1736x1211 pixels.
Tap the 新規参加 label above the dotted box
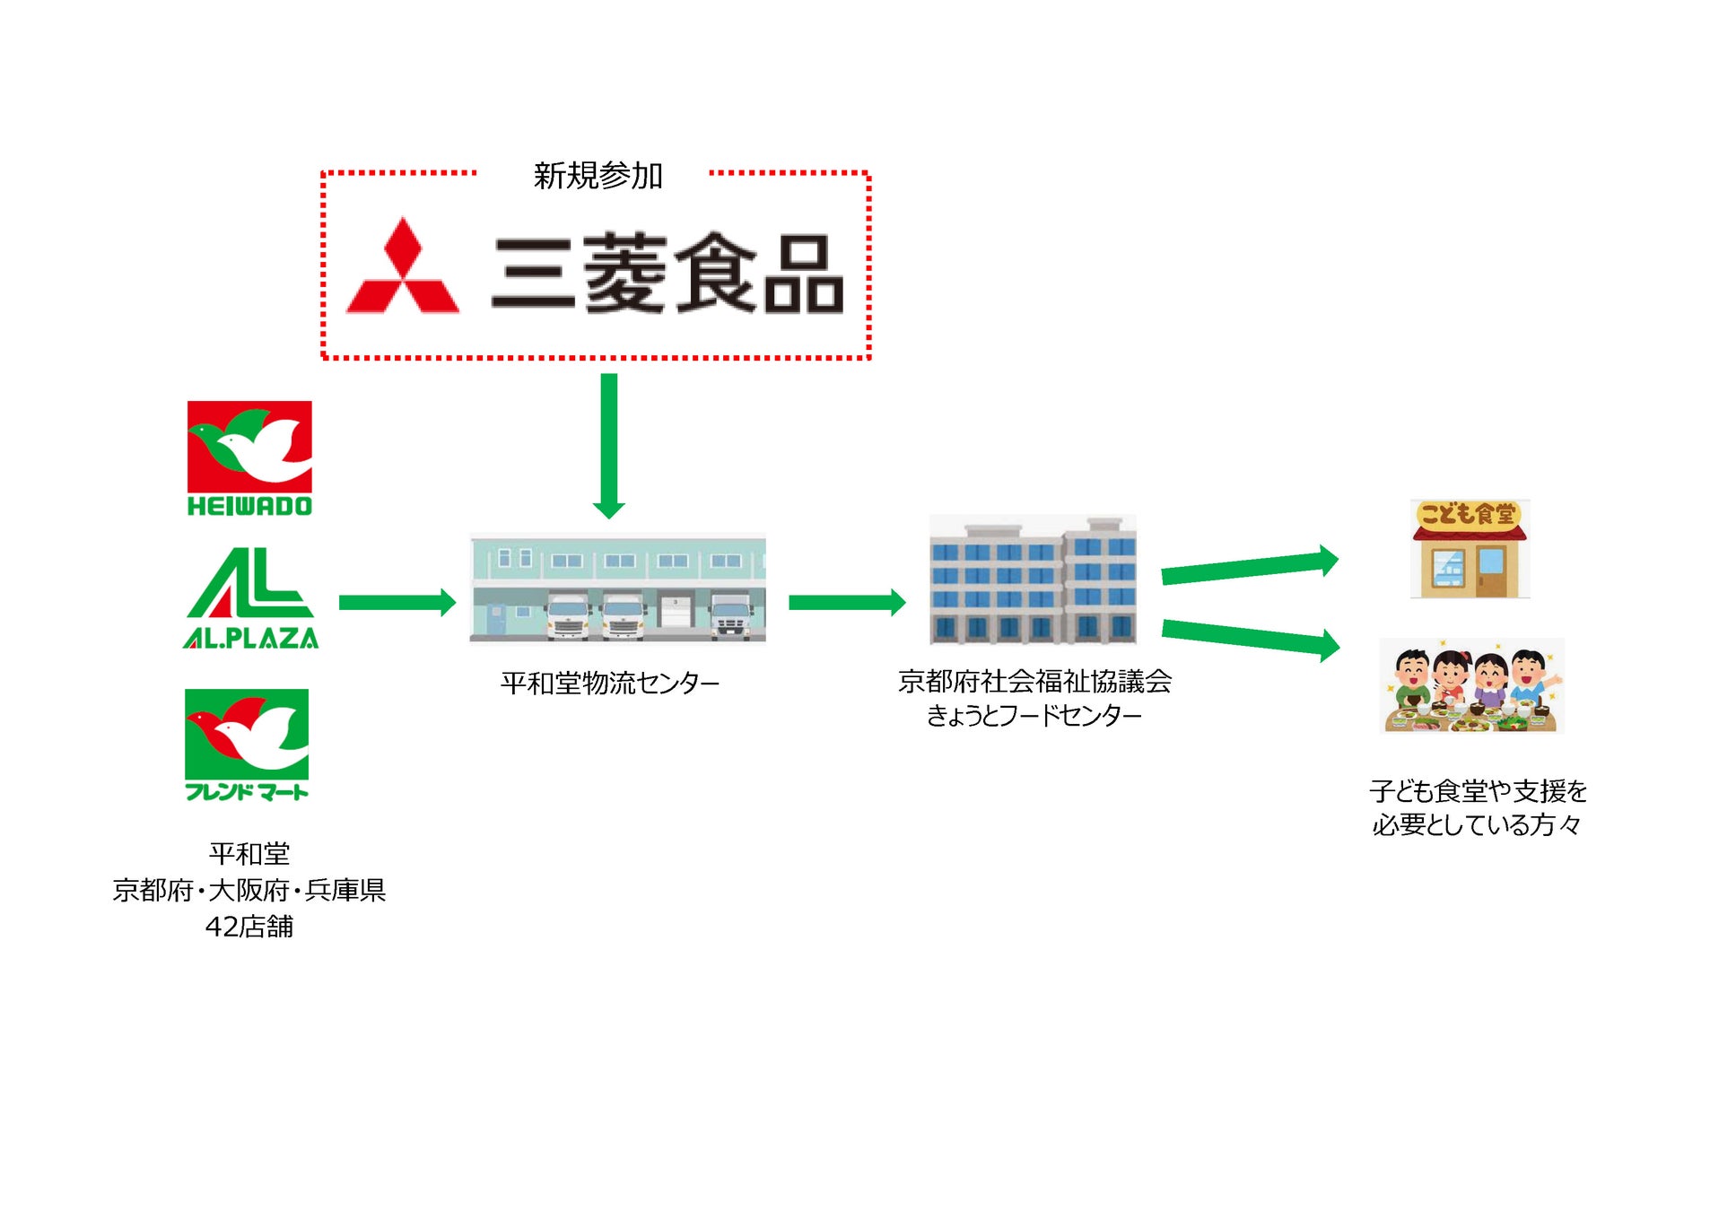[598, 175]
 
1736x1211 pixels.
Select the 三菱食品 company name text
[667, 273]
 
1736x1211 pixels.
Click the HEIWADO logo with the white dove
[249, 458]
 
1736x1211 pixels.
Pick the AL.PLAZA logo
[250, 597]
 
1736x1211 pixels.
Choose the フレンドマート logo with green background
[247, 744]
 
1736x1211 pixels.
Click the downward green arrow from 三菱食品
[609, 445]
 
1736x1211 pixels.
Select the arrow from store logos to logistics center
[397, 602]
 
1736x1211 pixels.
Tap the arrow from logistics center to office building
[846, 602]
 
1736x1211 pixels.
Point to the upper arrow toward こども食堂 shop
[1248, 568]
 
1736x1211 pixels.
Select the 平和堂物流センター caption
[610, 684]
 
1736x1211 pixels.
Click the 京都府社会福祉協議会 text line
[1034, 682]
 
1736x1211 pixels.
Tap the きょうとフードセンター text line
[1034, 715]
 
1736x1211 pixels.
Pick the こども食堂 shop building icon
[1470, 548]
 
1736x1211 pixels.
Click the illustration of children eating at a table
[1471, 686]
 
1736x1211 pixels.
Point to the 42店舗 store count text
[249, 927]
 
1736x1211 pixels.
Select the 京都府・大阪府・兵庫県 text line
[249, 890]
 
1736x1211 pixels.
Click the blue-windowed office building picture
[1033, 579]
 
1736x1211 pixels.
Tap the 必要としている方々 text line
[1477, 824]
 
